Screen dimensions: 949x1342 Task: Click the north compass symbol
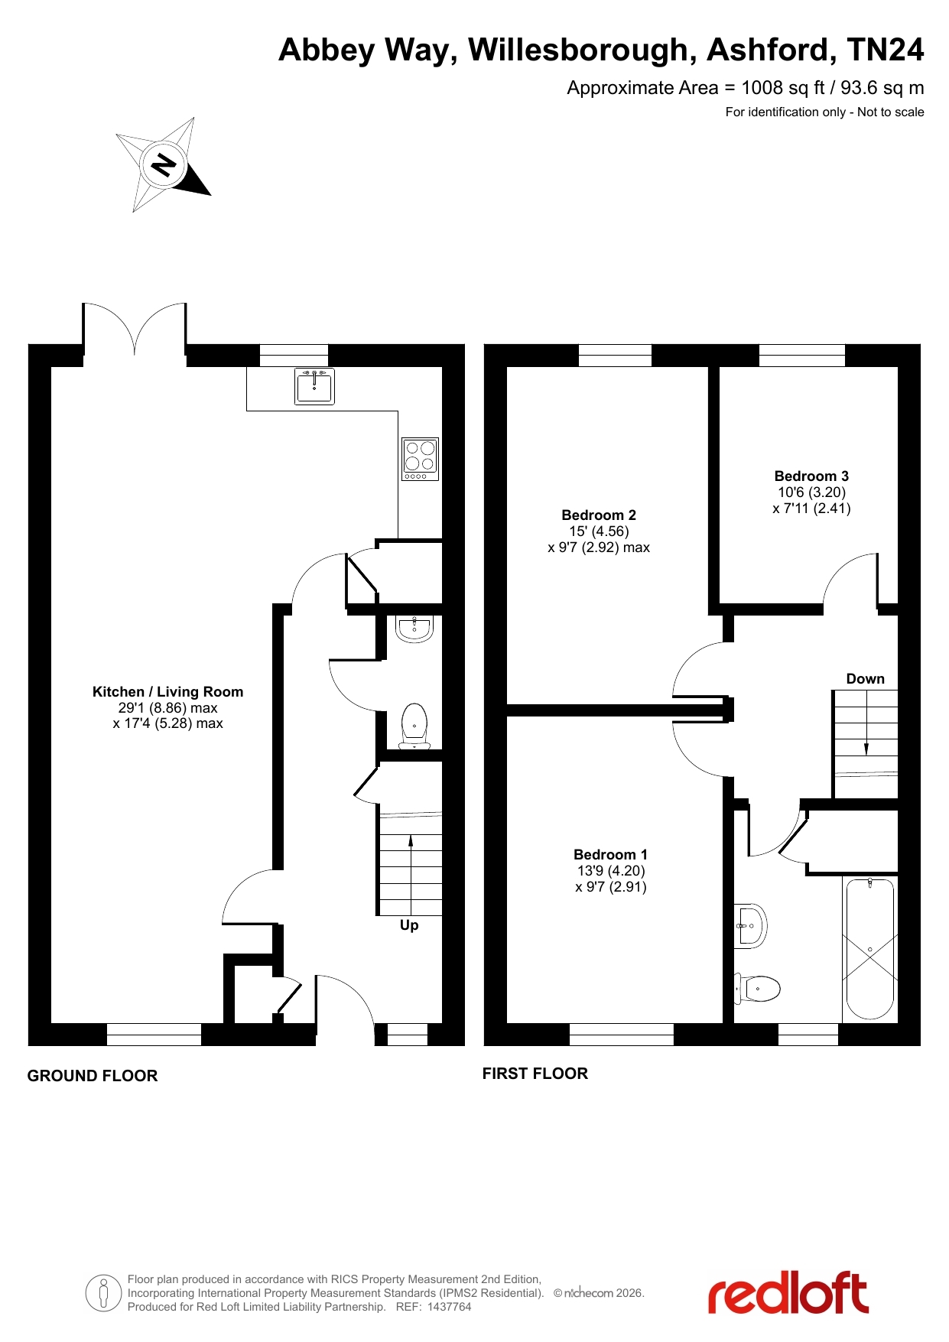(163, 164)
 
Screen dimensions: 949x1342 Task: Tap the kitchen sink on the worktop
(314, 385)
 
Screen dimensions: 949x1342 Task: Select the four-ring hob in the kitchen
(420, 459)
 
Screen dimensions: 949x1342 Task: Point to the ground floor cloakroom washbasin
(414, 629)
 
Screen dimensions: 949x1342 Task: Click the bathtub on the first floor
(870, 949)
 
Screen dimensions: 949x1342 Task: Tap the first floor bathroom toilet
(757, 989)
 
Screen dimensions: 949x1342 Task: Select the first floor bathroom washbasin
(750, 926)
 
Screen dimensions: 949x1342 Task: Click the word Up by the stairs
(409, 925)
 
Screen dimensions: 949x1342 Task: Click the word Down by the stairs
(865, 679)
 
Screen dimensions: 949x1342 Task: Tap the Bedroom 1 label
(610, 854)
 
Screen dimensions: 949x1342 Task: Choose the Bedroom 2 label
(599, 515)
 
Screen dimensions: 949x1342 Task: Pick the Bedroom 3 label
(811, 476)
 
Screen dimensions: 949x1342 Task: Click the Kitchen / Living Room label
(167, 692)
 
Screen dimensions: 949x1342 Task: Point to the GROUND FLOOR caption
(93, 1076)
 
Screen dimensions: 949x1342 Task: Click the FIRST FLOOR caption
(535, 1074)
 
